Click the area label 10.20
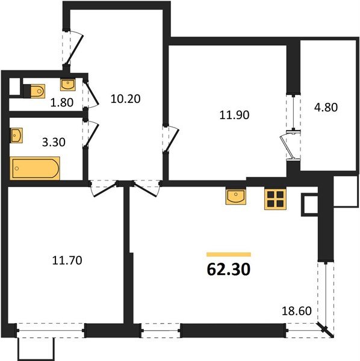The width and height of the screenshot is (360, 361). pyautogui.click(x=126, y=99)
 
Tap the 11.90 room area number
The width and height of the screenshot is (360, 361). pyautogui.click(x=234, y=115)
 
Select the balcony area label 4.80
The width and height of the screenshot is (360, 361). pyautogui.click(x=326, y=107)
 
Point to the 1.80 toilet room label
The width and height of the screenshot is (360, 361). pyautogui.click(x=62, y=102)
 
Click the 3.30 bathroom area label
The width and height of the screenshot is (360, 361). pyautogui.click(x=54, y=142)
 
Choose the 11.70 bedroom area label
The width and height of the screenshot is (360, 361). pyautogui.click(x=67, y=261)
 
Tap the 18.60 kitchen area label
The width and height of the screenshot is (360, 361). pyautogui.click(x=297, y=311)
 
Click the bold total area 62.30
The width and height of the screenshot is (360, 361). pyautogui.click(x=229, y=270)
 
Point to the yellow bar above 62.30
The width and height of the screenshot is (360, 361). pyautogui.click(x=229, y=255)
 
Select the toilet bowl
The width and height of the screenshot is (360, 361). pyautogui.click(x=34, y=91)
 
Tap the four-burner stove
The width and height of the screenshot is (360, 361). pyautogui.click(x=276, y=199)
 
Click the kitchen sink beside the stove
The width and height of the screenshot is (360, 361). pyautogui.click(x=235, y=196)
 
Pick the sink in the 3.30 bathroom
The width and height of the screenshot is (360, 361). pyautogui.click(x=17, y=135)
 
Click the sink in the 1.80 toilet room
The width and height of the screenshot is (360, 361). pyautogui.click(x=68, y=84)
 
